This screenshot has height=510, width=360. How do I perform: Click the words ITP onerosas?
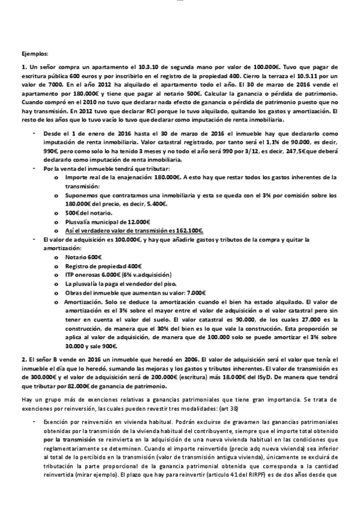82,274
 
